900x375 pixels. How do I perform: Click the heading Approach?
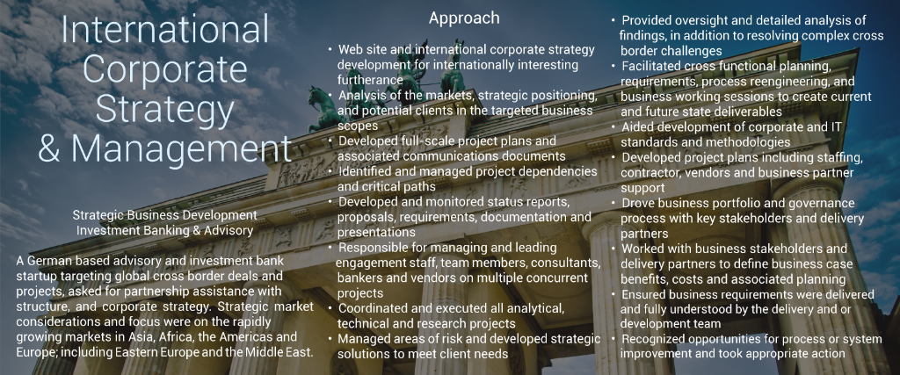[464, 19]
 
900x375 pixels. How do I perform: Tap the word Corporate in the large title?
[165, 69]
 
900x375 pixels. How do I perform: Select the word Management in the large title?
[181, 148]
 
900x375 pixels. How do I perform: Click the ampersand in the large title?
[49, 148]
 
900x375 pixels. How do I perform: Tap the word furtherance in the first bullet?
[370, 80]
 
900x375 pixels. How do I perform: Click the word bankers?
[357, 278]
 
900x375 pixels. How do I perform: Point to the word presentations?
[376, 233]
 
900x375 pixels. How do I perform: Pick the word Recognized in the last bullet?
[653, 339]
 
